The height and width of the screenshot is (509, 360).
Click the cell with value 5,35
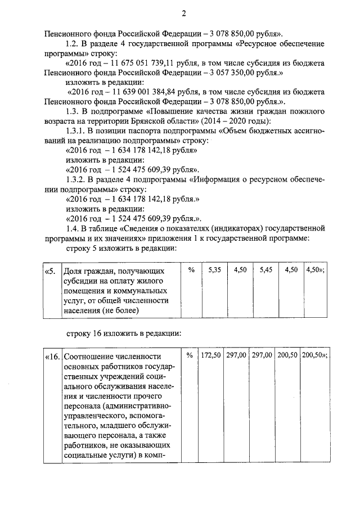214,270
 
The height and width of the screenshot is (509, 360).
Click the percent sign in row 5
191,270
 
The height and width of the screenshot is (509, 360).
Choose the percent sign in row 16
189,355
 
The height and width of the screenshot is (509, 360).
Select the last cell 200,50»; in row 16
314,355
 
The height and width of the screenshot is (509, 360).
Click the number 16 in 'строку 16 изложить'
104,333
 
